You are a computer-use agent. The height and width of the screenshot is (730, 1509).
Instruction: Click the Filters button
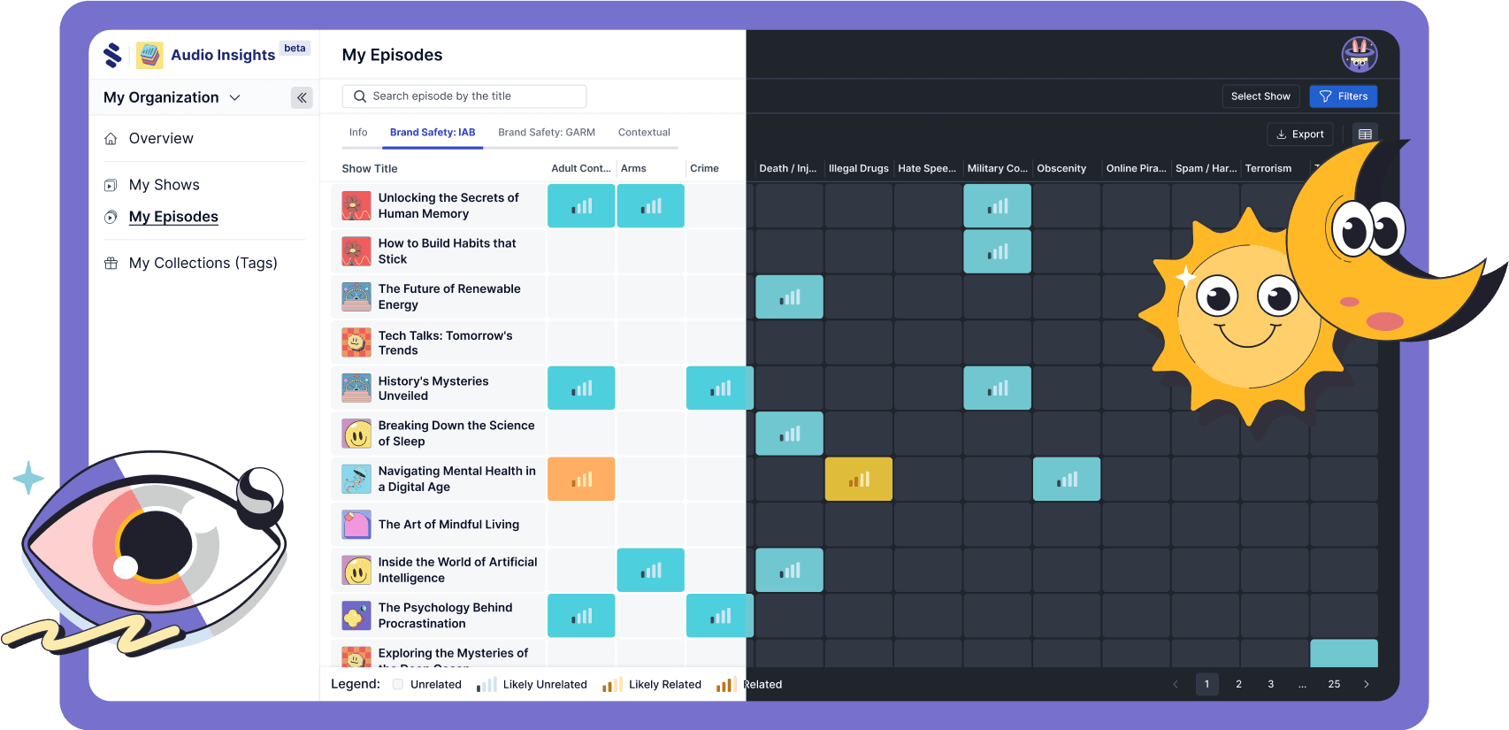point(1343,96)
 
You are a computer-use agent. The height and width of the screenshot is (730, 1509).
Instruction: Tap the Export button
point(1299,134)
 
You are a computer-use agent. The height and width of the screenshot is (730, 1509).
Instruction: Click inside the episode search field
point(464,96)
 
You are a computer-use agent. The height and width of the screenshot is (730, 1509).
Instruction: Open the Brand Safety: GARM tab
point(546,133)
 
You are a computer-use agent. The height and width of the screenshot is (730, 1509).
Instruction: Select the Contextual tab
point(644,133)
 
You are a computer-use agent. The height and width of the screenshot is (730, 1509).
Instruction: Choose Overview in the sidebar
point(160,139)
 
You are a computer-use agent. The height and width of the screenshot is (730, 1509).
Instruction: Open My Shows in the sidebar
point(164,185)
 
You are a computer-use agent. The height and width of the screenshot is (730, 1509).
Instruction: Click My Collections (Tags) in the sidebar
point(203,263)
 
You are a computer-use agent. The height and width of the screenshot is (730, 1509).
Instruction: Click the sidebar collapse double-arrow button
point(302,97)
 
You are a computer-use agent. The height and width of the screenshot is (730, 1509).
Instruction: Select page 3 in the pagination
point(1270,684)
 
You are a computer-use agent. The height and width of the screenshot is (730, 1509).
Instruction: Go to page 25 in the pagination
point(1334,684)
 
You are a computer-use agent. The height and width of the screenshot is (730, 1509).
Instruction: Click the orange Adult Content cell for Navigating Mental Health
point(581,480)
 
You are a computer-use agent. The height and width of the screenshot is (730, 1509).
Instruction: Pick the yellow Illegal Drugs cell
point(858,480)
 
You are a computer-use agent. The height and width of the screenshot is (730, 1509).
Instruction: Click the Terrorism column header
point(1268,168)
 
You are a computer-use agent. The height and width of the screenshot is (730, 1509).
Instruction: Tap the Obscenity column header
point(1061,168)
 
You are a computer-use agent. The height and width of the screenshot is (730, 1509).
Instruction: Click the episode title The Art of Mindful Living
point(448,525)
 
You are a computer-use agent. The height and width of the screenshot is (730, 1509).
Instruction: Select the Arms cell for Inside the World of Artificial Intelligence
point(650,571)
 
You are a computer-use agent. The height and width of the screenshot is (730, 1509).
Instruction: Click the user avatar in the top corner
point(1359,55)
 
